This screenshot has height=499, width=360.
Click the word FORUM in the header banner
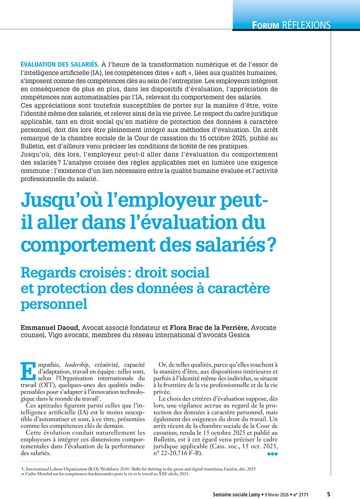pos(265,25)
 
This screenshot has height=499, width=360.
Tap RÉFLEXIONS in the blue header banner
pos(306,25)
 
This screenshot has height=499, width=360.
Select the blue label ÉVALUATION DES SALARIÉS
pos(60,64)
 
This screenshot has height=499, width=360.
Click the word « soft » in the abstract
pos(181,73)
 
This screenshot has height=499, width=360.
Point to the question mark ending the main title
pos(271,244)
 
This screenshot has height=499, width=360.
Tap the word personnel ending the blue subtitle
pos(54,304)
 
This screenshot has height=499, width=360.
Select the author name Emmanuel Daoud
pos(50,328)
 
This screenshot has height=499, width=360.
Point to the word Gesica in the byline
pos(239,335)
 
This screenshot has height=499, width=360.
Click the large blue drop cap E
pos(28,370)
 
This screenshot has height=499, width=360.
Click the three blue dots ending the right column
pos(273,454)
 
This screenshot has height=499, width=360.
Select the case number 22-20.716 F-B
pos(180,453)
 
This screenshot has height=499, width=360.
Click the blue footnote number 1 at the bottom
pos(23,469)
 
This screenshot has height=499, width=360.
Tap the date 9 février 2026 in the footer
pos(276,495)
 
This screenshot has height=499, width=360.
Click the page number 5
pos(328,494)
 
